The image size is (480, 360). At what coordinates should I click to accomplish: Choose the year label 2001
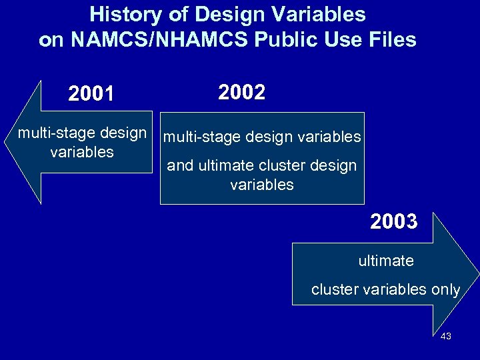click(91, 95)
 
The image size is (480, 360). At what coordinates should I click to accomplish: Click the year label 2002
click(241, 93)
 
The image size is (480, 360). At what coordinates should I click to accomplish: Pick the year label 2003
click(393, 221)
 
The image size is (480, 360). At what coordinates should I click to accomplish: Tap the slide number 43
click(446, 336)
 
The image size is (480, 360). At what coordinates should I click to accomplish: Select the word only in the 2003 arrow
click(445, 290)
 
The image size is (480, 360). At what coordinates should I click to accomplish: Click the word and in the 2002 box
click(180, 166)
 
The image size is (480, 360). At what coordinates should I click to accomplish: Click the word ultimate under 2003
click(386, 261)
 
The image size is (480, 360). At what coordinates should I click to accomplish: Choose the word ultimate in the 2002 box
click(225, 166)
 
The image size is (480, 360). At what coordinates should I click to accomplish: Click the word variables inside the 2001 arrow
click(82, 152)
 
